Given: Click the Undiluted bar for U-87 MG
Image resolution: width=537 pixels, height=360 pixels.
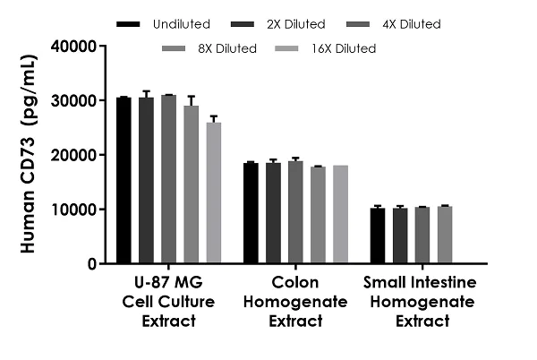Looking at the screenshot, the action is (124, 180).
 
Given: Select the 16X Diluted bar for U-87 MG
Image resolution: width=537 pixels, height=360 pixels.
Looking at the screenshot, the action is (214, 193).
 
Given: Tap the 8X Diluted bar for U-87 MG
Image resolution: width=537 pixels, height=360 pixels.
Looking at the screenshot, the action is (192, 184).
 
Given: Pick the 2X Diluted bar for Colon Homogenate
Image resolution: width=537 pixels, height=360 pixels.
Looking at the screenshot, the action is (273, 213).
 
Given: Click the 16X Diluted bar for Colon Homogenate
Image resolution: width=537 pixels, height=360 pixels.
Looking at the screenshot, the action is (340, 214).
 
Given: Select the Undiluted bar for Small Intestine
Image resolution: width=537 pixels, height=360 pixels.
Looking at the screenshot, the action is (378, 236).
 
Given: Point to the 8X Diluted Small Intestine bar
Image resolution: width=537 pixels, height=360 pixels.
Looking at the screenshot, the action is (445, 235).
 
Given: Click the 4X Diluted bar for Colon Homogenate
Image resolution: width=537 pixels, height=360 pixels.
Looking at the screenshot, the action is (295, 212).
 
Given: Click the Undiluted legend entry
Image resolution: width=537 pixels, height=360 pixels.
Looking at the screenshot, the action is (164, 24).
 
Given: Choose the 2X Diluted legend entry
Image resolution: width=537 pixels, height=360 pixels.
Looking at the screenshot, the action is (278, 24).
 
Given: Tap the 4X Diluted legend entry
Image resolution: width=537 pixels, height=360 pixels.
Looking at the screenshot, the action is (394, 24).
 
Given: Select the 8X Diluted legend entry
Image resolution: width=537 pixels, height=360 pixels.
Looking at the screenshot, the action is (209, 48).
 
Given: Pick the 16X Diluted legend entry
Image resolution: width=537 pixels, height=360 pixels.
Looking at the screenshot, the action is (326, 48).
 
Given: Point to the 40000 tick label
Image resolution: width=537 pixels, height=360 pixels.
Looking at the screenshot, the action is (73, 47).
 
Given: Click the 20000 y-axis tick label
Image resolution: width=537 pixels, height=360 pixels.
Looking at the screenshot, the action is (73, 155).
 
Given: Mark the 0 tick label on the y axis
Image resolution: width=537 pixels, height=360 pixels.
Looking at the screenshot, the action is (92, 264).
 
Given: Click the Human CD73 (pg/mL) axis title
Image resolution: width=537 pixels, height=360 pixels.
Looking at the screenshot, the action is (28, 153).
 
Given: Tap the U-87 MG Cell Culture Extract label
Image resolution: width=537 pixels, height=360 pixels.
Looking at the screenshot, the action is (168, 302).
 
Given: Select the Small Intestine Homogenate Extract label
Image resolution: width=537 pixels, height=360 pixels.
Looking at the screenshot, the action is (421, 302).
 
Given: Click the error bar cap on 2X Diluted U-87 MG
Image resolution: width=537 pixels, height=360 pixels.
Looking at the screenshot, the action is (146, 91).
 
